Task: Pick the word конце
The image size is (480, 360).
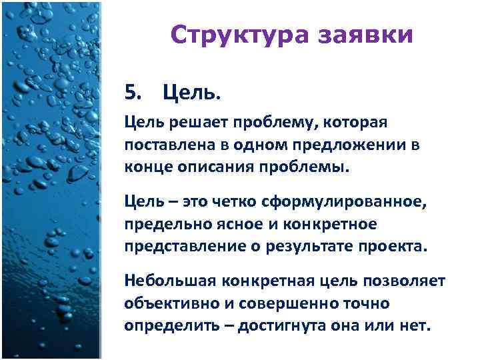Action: click(145, 166)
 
